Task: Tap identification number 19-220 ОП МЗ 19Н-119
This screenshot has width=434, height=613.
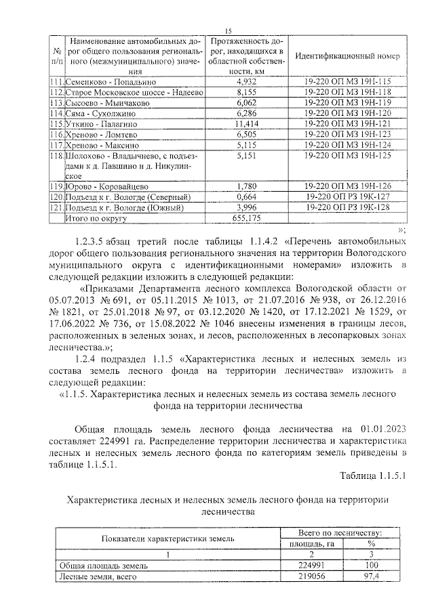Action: pos(349,102)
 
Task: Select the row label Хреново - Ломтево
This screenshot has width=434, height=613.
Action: pos(100,134)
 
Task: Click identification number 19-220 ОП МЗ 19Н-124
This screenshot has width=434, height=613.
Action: pos(349,145)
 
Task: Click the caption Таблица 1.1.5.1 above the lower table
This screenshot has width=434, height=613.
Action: pos(372,477)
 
